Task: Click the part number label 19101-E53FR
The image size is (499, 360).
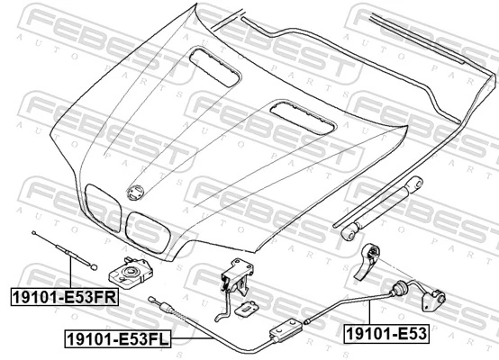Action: click(x=65, y=297)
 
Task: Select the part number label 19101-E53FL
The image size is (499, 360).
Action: click(x=118, y=338)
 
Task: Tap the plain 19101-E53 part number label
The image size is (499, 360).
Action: click(x=386, y=334)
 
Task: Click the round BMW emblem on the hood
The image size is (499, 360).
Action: click(x=136, y=193)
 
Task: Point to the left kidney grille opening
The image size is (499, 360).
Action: click(x=103, y=207)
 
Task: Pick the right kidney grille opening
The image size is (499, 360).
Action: click(x=148, y=232)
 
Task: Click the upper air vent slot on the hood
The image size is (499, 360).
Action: click(x=214, y=67)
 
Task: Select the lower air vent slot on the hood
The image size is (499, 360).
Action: click(x=303, y=117)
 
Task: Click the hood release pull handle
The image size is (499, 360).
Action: click(x=367, y=262)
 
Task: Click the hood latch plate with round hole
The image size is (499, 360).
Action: click(x=131, y=273)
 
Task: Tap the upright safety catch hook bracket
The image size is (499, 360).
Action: click(x=237, y=277)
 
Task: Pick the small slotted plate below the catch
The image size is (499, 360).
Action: click(x=246, y=308)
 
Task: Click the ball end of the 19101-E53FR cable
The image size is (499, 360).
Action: click(x=94, y=267)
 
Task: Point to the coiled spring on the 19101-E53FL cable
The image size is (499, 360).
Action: click(x=179, y=313)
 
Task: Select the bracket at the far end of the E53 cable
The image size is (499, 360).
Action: click(x=433, y=300)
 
